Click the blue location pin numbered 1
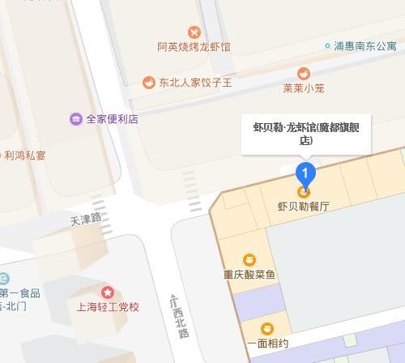(305, 173)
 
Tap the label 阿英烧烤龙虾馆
(194, 47)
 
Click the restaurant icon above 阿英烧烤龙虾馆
(194, 32)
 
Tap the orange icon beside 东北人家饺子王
(149, 83)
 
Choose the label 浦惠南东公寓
(365, 46)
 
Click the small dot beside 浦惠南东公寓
(328, 46)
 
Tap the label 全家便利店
(112, 119)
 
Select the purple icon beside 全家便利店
(76, 119)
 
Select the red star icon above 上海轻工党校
(108, 292)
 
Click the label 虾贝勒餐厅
(305, 207)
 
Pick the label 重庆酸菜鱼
(249, 275)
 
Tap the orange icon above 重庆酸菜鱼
(249, 259)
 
